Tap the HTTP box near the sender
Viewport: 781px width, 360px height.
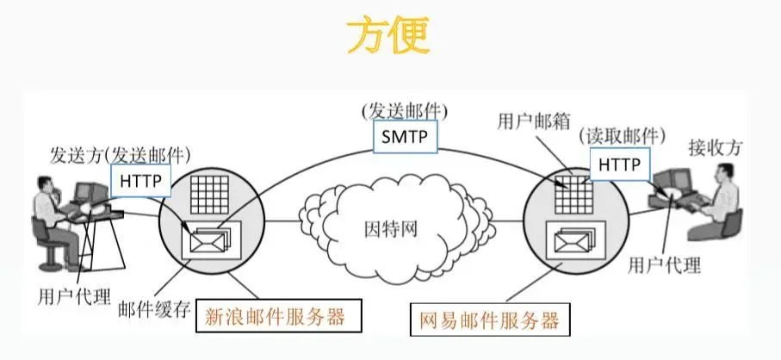pos(140,182)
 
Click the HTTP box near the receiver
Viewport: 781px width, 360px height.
pos(620,164)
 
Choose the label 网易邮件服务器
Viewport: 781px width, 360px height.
pos(489,321)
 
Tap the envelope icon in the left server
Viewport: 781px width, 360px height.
pos(208,238)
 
